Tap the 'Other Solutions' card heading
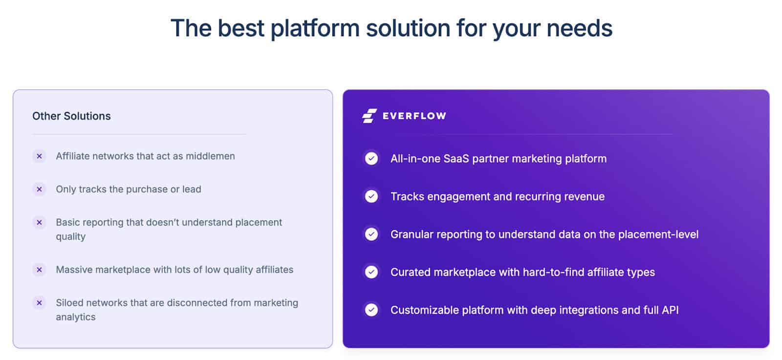(x=71, y=116)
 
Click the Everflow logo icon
(x=369, y=116)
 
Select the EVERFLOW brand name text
(x=414, y=116)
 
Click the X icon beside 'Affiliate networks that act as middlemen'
(x=40, y=156)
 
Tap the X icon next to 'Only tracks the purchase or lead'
(x=40, y=189)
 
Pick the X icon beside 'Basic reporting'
(x=40, y=222)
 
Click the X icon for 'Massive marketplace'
(x=40, y=270)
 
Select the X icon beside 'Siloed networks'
(x=40, y=303)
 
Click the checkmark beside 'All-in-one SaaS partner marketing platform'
(x=371, y=158)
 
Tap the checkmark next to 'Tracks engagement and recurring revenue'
(x=371, y=196)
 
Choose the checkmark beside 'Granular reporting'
(x=371, y=234)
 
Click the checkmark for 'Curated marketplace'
(x=371, y=272)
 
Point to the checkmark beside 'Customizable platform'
(x=371, y=310)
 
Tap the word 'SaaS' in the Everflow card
(x=456, y=159)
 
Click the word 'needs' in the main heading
(x=579, y=28)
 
